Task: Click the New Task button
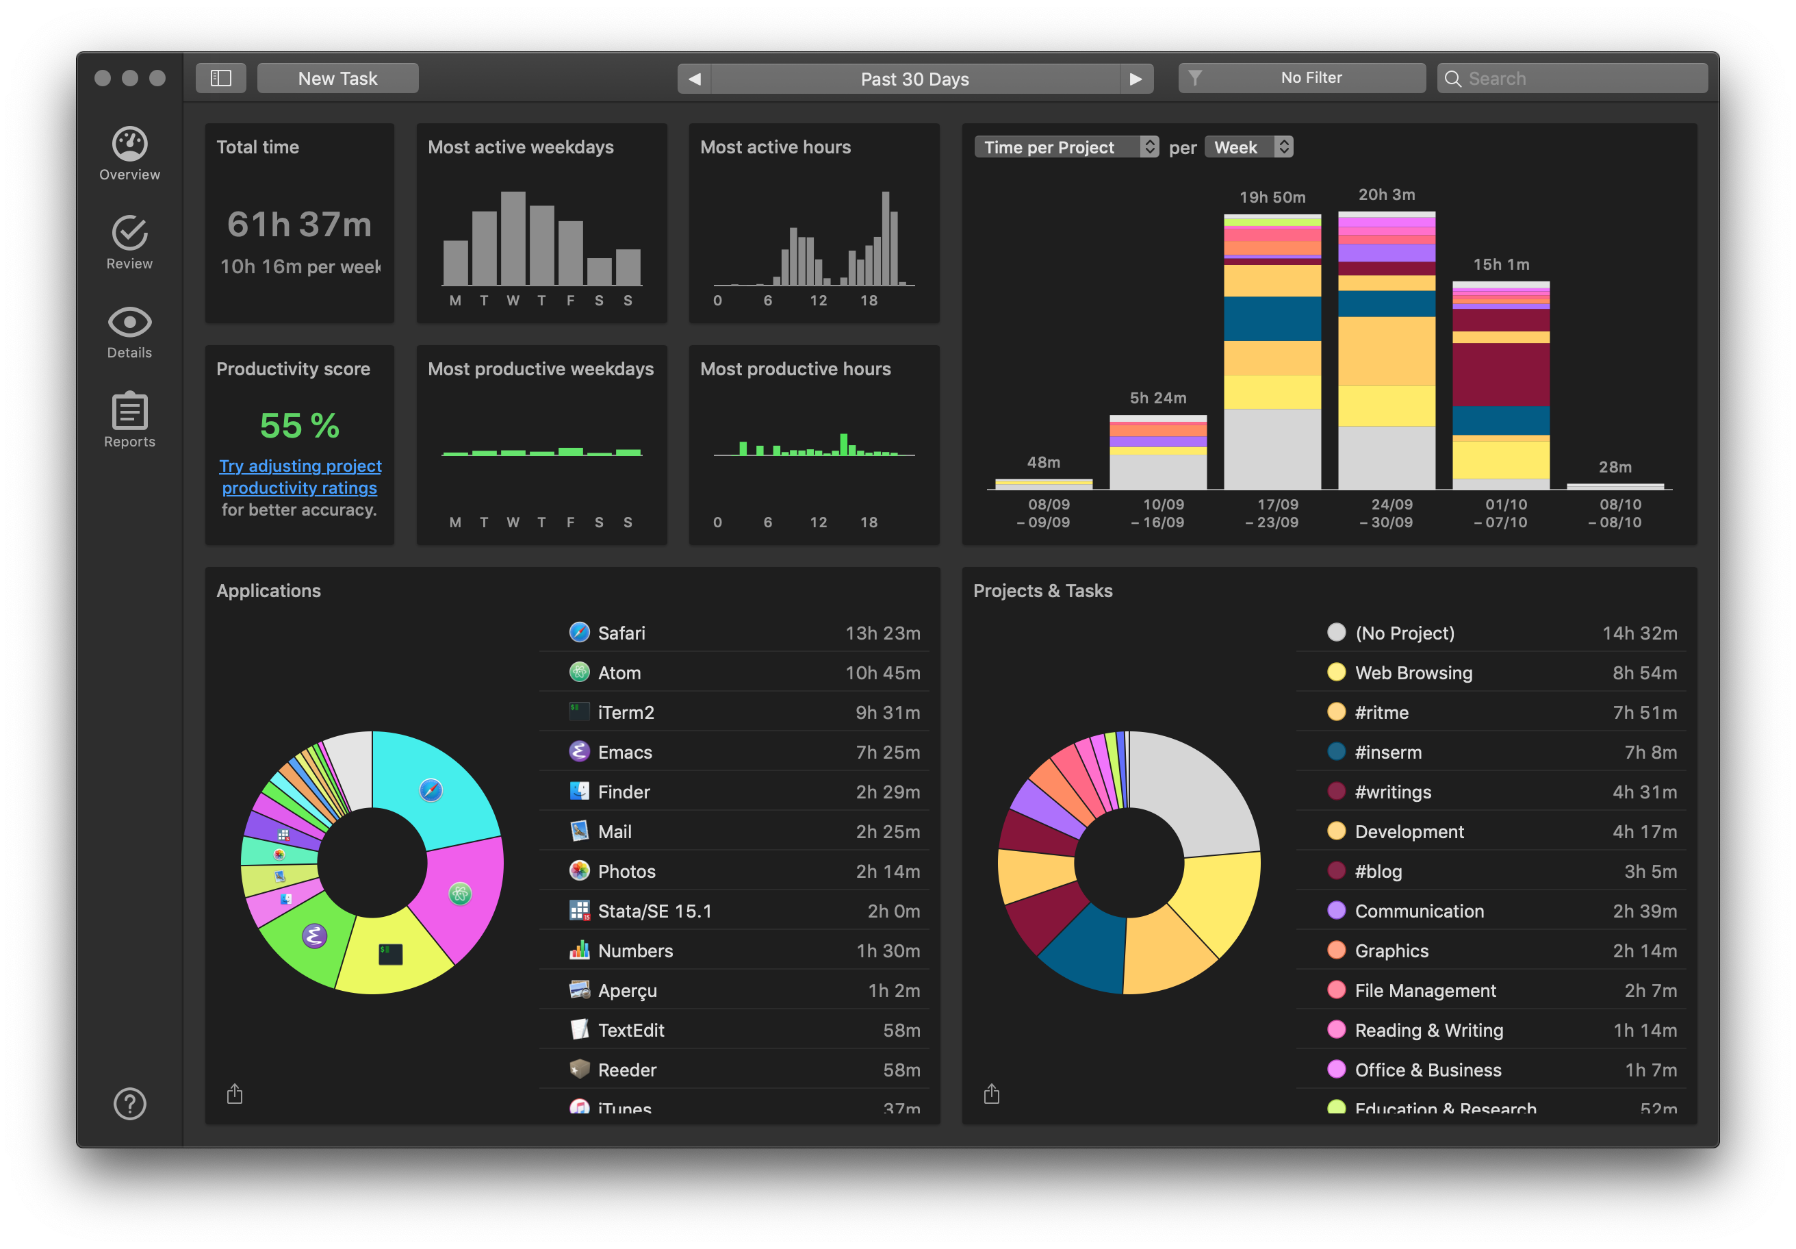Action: (x=337, y=78)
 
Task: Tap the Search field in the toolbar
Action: (x=1572, y=78)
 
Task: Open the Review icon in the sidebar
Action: (x=130, y=242)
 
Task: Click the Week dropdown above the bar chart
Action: (x=1248, y=147)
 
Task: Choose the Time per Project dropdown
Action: (x=1066, y=147)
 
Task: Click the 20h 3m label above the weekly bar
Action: (x=1386, y=194)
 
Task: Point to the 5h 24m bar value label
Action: (x=1157, y=398)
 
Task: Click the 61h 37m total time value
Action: (x=300, y=225)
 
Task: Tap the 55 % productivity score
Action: (x=300, y=426)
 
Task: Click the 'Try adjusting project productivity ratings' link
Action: (x=300, y=477)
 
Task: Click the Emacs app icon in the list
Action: (x=579, y=751)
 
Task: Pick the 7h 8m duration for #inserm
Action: (x=1650, y=752)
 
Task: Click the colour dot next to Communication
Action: (x=1336, y=910)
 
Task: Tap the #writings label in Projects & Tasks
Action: (x=1392, y=792)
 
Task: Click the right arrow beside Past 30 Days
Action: (x=1136, y=78)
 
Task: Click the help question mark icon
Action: (x=130, y=1103)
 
